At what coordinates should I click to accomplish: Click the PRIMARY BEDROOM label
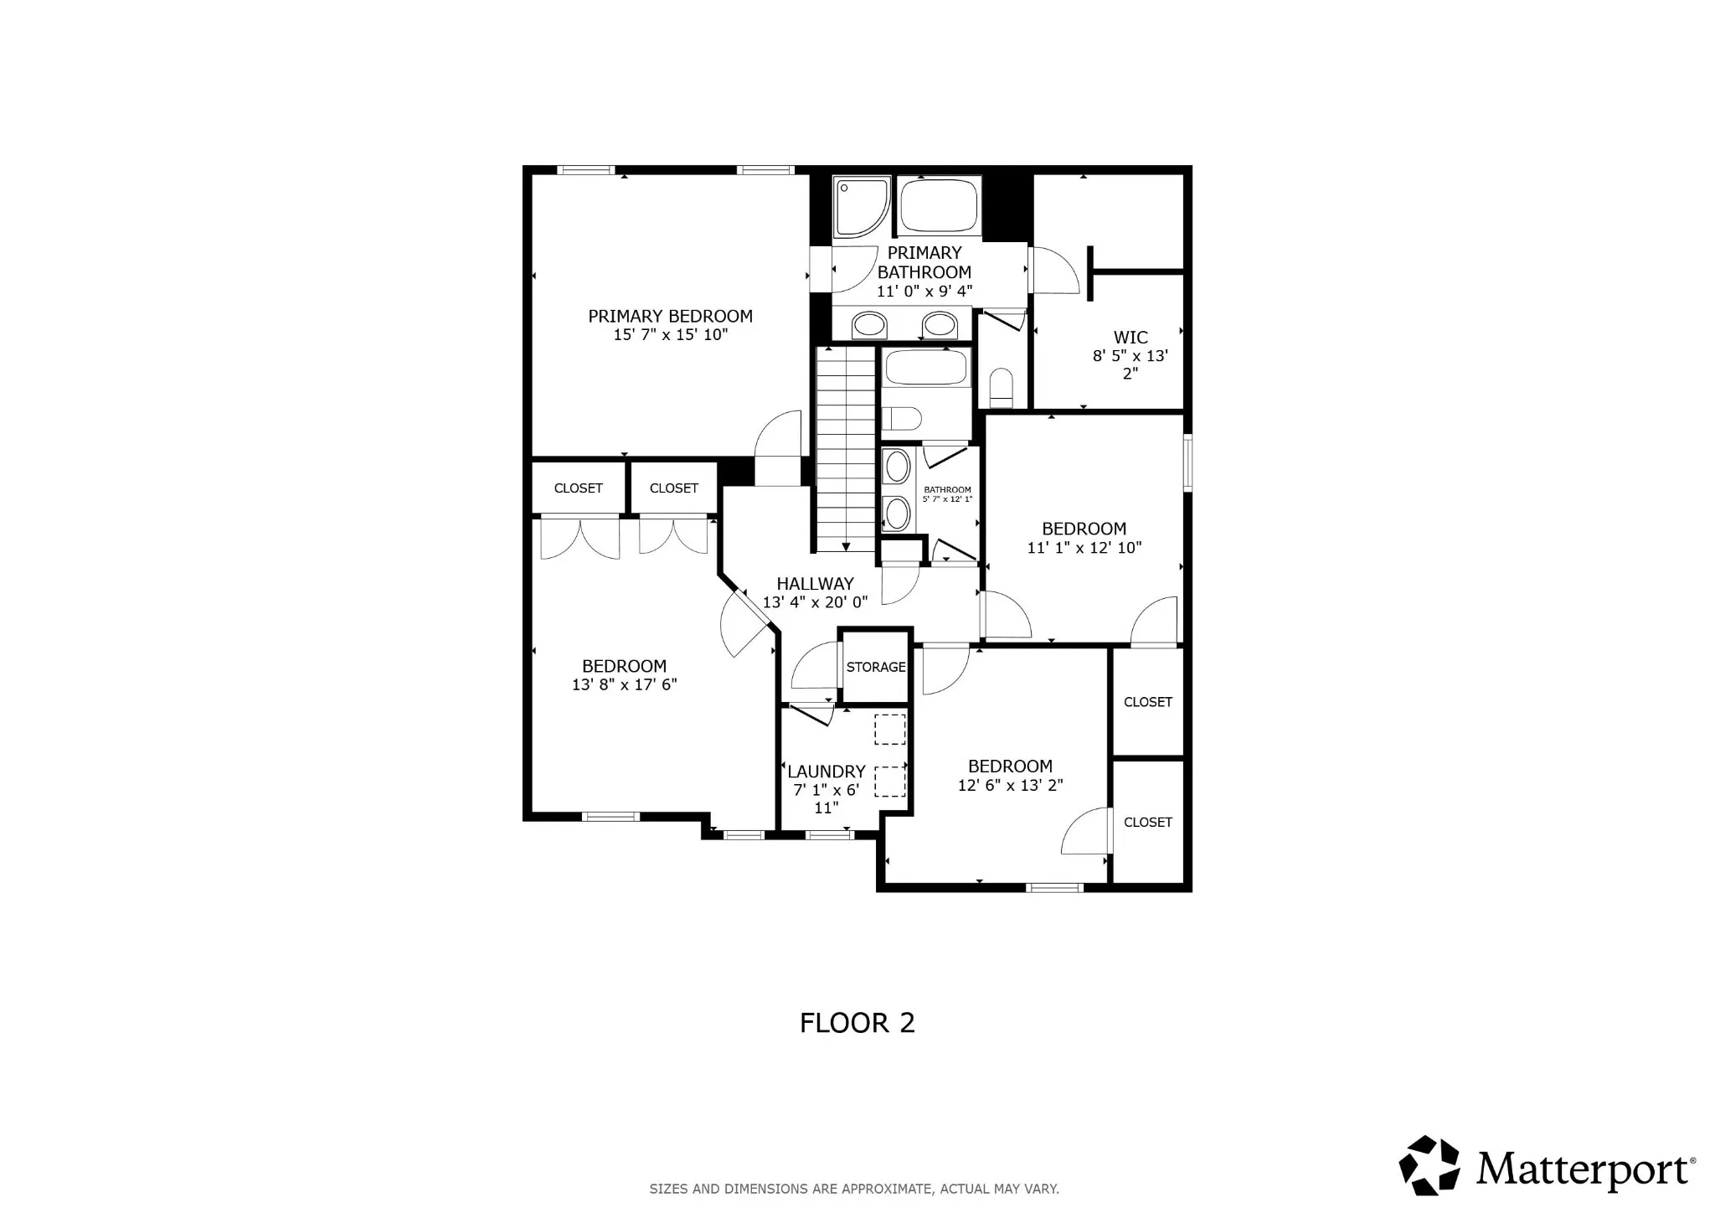click(670, 316)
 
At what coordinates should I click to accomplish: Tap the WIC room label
click(1130, 338)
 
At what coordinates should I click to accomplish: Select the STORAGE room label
click(876, 667)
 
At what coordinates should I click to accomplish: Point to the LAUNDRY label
click(826, 772)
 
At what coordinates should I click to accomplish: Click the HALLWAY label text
click(815, 584)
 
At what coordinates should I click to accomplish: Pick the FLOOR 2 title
click(857, 1023)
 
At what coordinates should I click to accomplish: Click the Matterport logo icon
click(1429, 1165)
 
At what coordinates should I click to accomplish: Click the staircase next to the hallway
click(846, 450)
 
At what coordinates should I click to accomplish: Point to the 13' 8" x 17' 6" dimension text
click(624, 684)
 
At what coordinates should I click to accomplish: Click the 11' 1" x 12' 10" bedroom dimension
click(1084, 548)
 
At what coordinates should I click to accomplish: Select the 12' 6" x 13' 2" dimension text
click(1010, 785)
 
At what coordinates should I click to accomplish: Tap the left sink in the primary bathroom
click(869, 324)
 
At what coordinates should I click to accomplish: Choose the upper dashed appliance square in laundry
click(889, 729)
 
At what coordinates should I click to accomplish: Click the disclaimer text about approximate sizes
click(854, 1189)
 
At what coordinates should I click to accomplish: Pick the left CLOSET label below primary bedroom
click(578, 488)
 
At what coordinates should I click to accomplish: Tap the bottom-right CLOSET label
click(1147, 823)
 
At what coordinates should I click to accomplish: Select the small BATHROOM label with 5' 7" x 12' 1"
click(947, 494)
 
